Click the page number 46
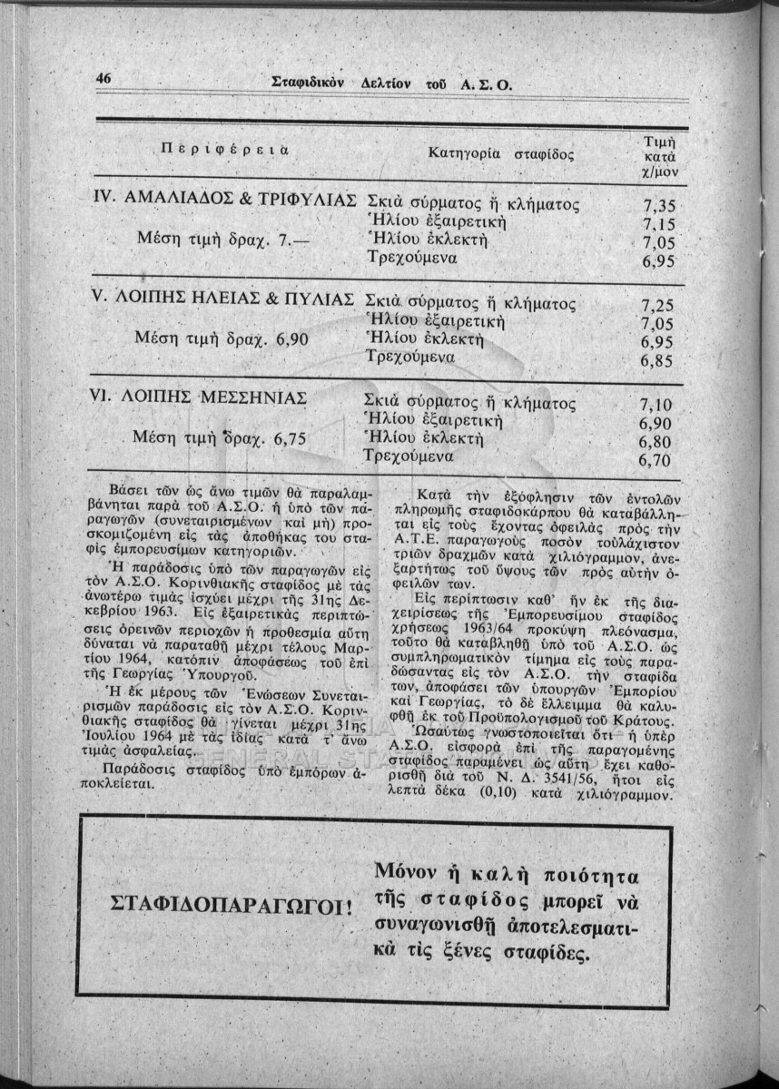point(103,80)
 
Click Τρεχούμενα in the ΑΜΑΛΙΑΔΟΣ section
point(410,258)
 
